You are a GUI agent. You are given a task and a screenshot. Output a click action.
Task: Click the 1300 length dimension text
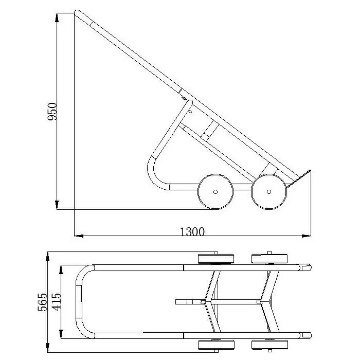192,231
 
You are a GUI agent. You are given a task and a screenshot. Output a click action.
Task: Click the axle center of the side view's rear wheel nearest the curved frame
215,191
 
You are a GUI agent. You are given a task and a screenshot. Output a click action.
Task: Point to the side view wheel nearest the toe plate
269,191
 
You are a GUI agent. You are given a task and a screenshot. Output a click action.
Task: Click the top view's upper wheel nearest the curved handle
215,258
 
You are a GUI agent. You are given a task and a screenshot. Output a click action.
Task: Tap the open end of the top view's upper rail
308,267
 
